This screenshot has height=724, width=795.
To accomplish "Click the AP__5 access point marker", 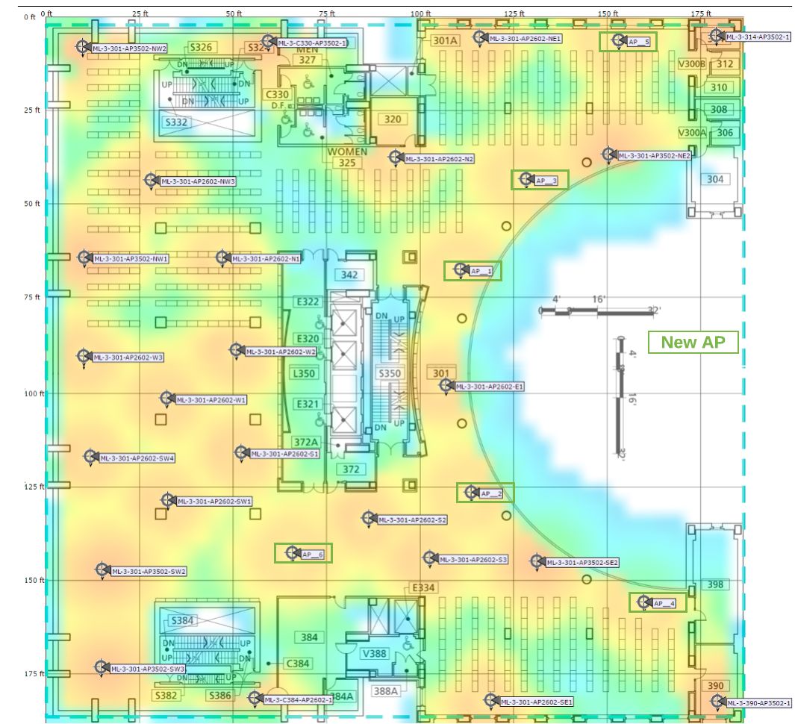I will coord(619,40).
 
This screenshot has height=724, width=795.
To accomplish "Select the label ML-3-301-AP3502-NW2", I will coord(129,49).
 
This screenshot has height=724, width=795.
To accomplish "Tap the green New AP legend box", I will coord(693,342).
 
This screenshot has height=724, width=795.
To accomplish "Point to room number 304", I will coord(715,179).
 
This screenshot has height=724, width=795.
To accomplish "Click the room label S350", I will coord(390,373).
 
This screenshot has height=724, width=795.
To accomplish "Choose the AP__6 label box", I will coord(313,555).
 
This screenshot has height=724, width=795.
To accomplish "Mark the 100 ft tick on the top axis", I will coord(421,13).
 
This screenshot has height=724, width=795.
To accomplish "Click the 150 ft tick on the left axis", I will coord(34,580).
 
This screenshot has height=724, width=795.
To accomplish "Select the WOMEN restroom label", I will coord(348,152).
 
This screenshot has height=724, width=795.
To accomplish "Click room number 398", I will coord(715,584).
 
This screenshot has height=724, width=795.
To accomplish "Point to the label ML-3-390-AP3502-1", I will coord(759,703).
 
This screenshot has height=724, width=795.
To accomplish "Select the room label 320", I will coord(392,119).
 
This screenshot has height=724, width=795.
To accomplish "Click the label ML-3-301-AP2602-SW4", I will coord(137,458).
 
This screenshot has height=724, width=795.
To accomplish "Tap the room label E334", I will coord(423,588).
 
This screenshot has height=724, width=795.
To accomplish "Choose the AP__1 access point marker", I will coord(458,269).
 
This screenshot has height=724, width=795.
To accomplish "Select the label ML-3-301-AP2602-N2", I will coord(440,159).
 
